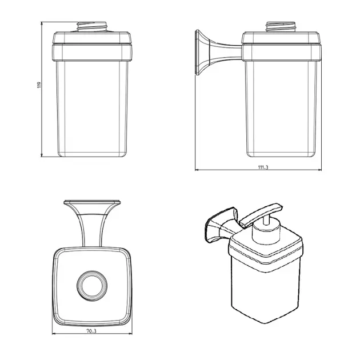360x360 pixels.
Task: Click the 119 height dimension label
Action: click(x=39, y=85)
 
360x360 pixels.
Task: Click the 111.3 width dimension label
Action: click(x=263, y=167)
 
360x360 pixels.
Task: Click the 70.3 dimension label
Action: click(x=91, y=331)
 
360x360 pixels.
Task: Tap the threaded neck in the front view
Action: click(x=92, y=27)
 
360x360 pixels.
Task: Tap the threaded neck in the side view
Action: click(x=281, y=27)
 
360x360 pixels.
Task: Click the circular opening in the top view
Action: click(x=92, y=286)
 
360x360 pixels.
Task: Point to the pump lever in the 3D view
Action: click(x=261, y=215)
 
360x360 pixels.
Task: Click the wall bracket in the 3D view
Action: click(x=221, y=225)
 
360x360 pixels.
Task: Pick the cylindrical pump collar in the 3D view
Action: click(x=266, y=231)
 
